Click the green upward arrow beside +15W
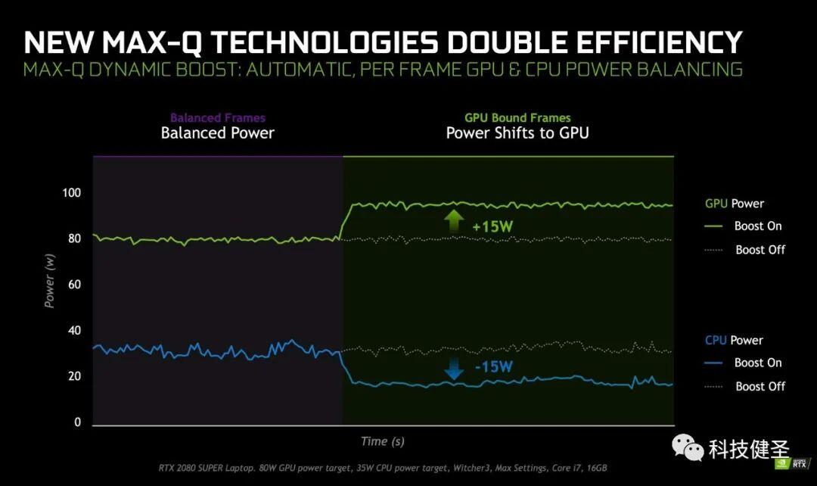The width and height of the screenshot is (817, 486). tap(454, 220)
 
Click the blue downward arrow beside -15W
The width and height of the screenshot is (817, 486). tap(454, 369)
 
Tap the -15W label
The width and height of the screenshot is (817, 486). tap(494, 367)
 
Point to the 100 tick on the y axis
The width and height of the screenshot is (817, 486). tap(71, 193)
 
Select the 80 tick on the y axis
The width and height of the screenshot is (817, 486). tap(73, 239)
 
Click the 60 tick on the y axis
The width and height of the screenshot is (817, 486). tap(73, 285)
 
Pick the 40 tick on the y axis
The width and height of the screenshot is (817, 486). tap(73, 331)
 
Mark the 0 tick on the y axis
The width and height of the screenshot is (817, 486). tap(77, 422)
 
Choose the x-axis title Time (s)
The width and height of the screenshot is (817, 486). tap(382, 441)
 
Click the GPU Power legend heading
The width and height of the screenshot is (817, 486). tap(734, 204)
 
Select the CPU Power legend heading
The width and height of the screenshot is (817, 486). tap(734, 341)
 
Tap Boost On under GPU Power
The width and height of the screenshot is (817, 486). tap(757, 226)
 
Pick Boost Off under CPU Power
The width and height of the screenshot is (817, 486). tap(760, 387)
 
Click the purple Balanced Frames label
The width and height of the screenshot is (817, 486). tap(217, 118)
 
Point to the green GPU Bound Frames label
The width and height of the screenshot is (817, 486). tap(517, 118)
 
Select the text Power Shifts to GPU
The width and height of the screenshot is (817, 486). tap(517, 133)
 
